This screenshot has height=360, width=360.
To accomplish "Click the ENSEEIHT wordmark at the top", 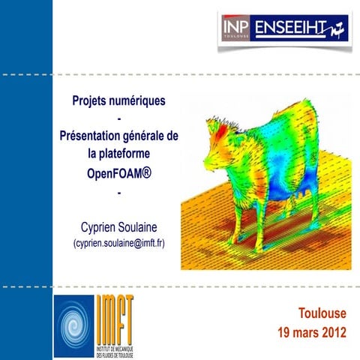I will (292, 28).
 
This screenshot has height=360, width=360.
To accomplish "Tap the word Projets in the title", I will (92, 100).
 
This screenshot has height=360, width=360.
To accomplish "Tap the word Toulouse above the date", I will (322, 313).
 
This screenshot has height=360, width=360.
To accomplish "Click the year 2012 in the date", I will (331, 331).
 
